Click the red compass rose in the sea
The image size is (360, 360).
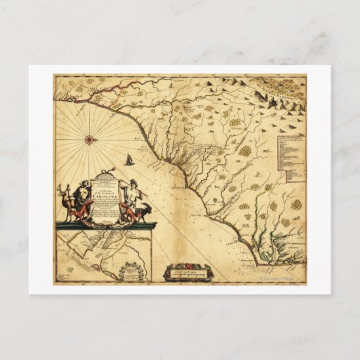(89, 139)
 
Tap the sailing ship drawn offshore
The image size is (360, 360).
(127, 160)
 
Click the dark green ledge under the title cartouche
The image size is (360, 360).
(105, 225)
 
